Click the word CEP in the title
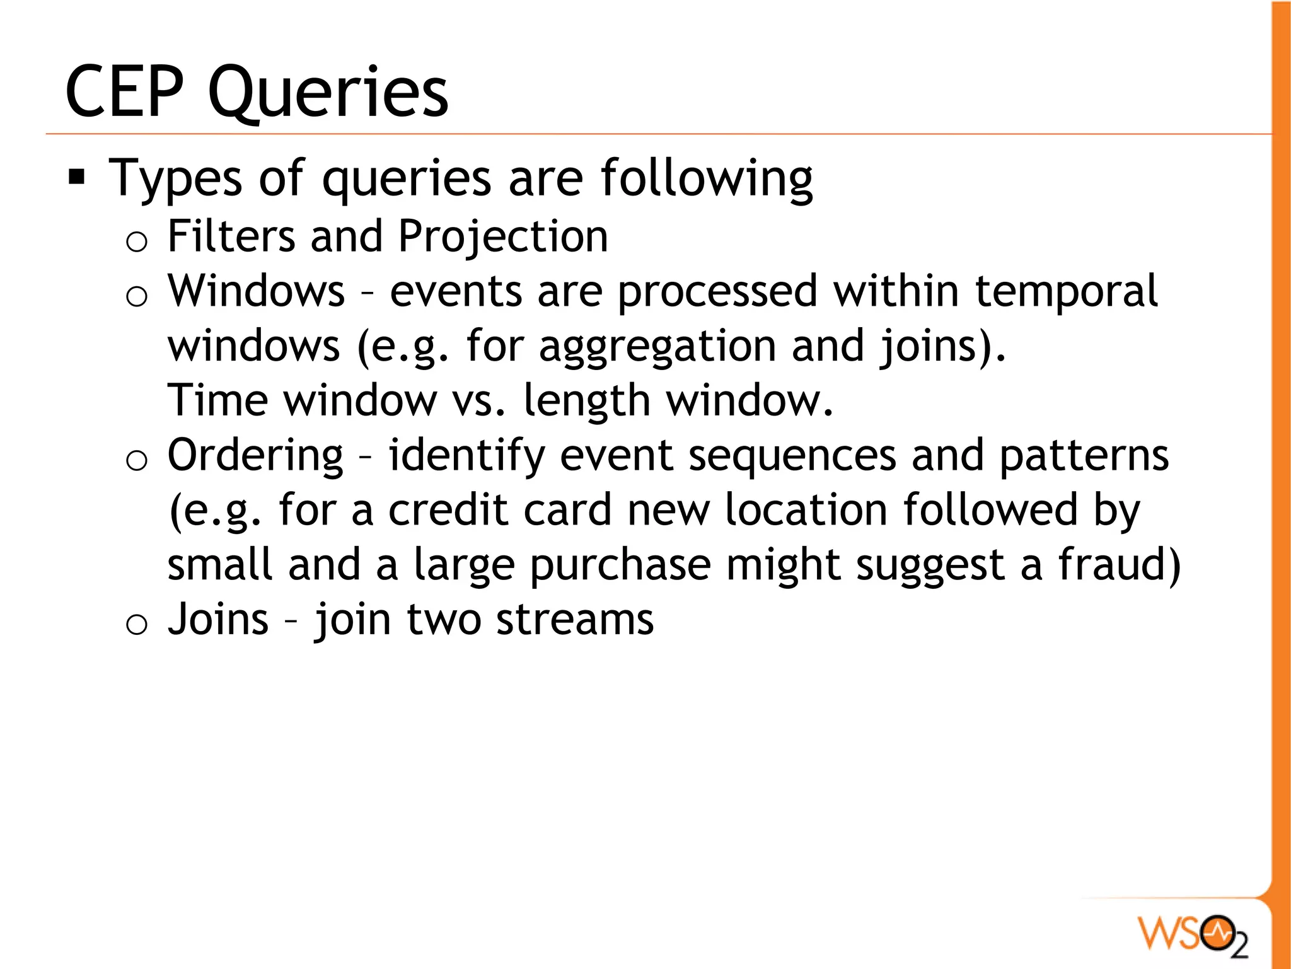pyautogui.click(x=124, y=92)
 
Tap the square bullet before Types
pyautogui.click(x=77, y=177)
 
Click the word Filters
pyautogui.click(x=231, y=236)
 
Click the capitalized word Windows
pyautogui.click(x=256, y=291)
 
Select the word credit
pyautogui.click(x=448, y=510)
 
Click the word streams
pyautogui.click(x=575, y=620)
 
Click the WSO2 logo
pyautogui.click(x=1192, y=933)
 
